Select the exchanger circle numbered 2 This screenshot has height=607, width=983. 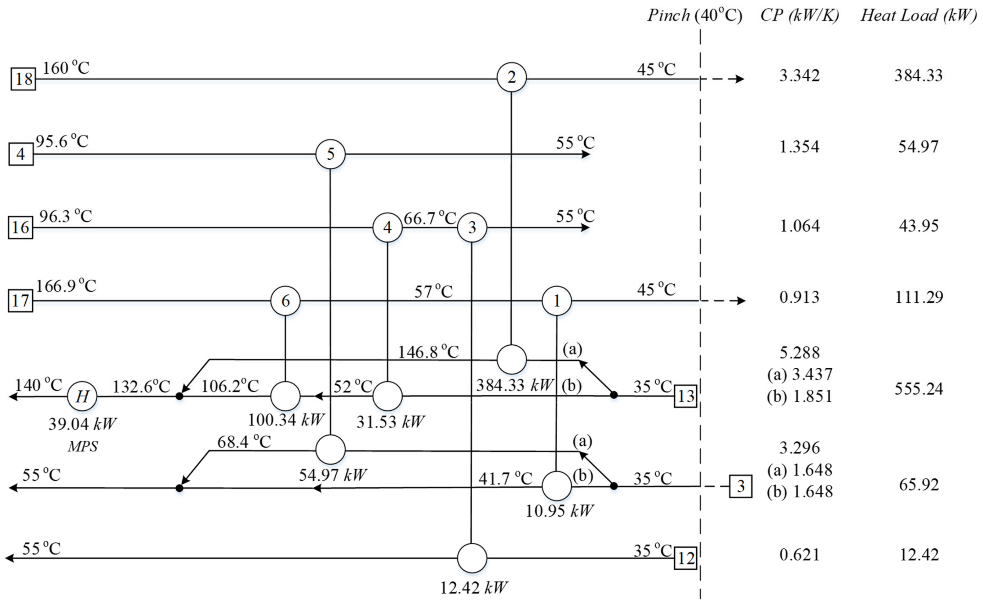511,77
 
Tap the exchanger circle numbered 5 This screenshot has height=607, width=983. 330,154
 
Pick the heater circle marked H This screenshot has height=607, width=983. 82,397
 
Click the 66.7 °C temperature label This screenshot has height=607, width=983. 430,218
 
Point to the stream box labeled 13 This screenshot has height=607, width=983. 685,396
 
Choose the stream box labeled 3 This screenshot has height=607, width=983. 740,487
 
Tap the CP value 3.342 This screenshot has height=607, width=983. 799,76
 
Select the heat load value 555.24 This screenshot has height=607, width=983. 918,389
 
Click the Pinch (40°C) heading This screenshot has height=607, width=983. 695,15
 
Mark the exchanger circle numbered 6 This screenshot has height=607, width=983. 285,301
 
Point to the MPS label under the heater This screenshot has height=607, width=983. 82,446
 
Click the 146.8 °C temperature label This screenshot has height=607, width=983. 428,352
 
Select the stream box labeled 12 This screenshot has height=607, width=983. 685,558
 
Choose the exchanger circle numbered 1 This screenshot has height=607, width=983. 556,301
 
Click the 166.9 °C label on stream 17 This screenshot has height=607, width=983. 66,286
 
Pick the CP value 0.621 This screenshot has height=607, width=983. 799,555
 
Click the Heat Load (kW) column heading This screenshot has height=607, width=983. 918,15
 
